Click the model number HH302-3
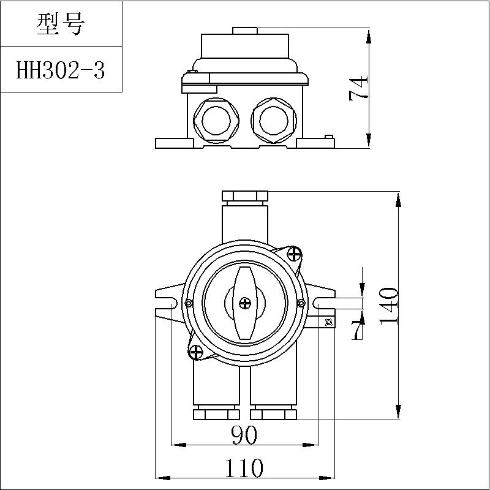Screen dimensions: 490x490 [x=60, y=70]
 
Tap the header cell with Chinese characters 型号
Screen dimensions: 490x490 [x=60, y=24]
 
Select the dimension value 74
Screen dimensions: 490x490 [x=358, y=88]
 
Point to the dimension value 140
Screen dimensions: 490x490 [x=389, y=306]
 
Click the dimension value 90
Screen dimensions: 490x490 [x=244, y=435]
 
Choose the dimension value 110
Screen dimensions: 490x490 [x=244, y=468]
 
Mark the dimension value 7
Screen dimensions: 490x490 [x=358, y=330]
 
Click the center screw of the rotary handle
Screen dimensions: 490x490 [x=244, y=303]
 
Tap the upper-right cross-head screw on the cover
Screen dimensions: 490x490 [x=295, y=254]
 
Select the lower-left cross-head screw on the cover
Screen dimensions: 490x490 [x=196, y=352]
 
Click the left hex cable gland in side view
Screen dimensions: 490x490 [x=216, y=121]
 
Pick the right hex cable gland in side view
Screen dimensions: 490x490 [x=274, y=121]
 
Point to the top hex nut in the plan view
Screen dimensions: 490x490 [x=244, y=196]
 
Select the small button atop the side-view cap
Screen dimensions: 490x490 [x=244, y=31]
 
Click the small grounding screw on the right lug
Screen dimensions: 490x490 [x=328, y=323]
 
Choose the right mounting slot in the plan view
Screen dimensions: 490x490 [x=324, y=303]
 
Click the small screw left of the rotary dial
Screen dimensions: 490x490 [x=189, y=303]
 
